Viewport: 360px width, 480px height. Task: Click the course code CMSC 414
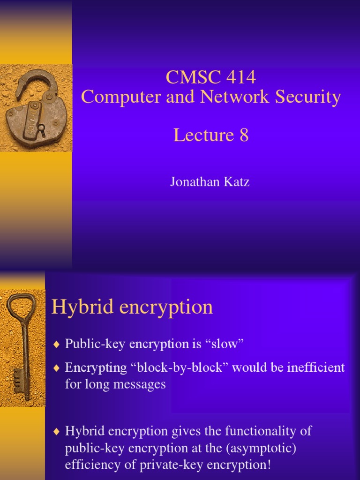[210, 77]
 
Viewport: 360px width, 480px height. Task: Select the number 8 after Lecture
[243, 135]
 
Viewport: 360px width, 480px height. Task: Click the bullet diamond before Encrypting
[57, 368]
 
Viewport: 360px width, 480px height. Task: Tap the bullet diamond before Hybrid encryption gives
[57, 432]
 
